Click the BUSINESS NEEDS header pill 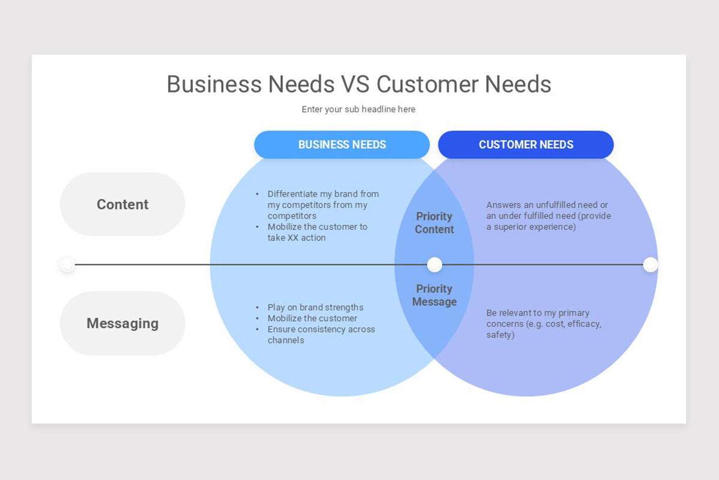click(342, 145)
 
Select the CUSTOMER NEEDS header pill click(525, 145)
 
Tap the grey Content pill click(122, 204)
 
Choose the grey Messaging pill click(122, 323)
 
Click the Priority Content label click(434, 223)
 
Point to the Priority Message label click(434, 295)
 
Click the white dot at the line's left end click(68, 265)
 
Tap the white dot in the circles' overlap click(434, 265)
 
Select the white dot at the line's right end click(650, 265)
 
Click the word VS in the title click(355, 84)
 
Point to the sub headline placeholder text click(358, 109)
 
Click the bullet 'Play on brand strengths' click(315, 307)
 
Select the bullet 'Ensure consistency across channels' click(321, 335)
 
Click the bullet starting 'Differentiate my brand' click(323, 205)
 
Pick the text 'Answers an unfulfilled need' click(547, 205)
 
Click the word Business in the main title click(215, 84)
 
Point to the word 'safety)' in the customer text click(500, 335)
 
